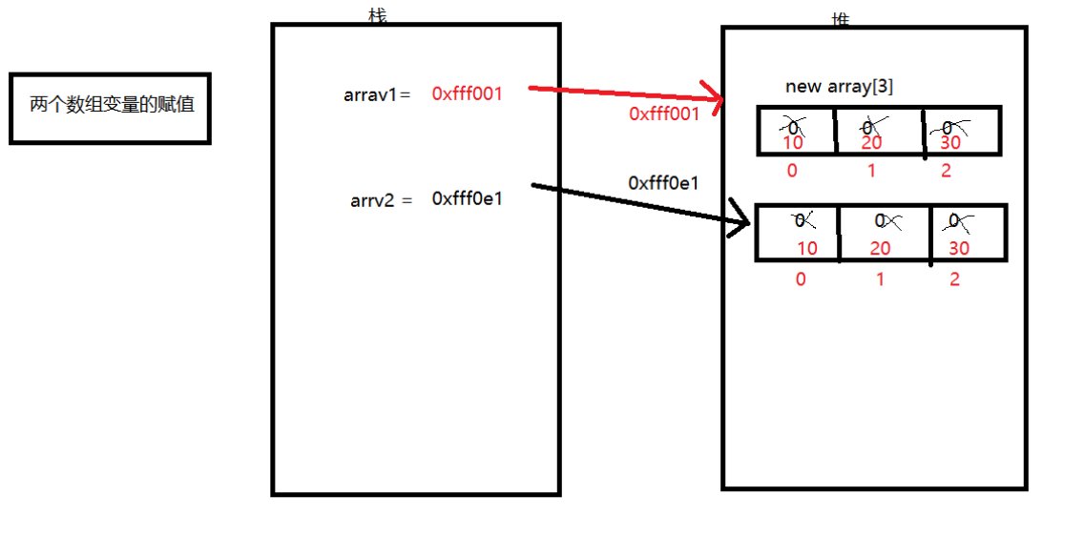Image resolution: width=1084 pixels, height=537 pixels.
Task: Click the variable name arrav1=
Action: click(x=377, y=94)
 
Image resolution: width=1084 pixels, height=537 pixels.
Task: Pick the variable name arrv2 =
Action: click(x=382, y=199)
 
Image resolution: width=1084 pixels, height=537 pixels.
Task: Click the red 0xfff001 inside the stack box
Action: click(x=467, y=93)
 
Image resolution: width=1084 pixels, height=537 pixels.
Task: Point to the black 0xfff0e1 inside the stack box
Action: click(x=467, y=198)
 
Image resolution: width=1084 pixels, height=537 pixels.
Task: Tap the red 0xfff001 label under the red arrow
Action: click(x=664, y=114)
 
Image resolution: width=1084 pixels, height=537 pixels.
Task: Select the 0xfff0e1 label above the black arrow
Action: click(x=663, y=182)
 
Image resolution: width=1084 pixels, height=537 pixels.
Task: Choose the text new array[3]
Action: click(x=839, y=87)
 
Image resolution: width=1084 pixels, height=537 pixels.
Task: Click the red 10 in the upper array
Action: click(x=792, y=143)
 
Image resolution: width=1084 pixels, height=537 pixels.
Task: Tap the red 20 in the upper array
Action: click(x=871, y=143)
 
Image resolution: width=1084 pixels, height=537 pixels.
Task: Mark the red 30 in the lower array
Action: click(x=959, y=248)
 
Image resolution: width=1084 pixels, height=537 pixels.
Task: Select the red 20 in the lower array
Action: click(x=880, y=248)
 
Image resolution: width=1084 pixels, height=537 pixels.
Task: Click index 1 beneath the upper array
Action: click(x=871, y=171)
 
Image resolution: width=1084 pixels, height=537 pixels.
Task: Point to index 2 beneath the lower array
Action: click(x=954, y=279)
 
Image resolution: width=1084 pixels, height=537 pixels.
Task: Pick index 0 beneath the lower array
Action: click(x=800, y=279)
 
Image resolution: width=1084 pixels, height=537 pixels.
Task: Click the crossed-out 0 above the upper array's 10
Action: click(x=790, y=125)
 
